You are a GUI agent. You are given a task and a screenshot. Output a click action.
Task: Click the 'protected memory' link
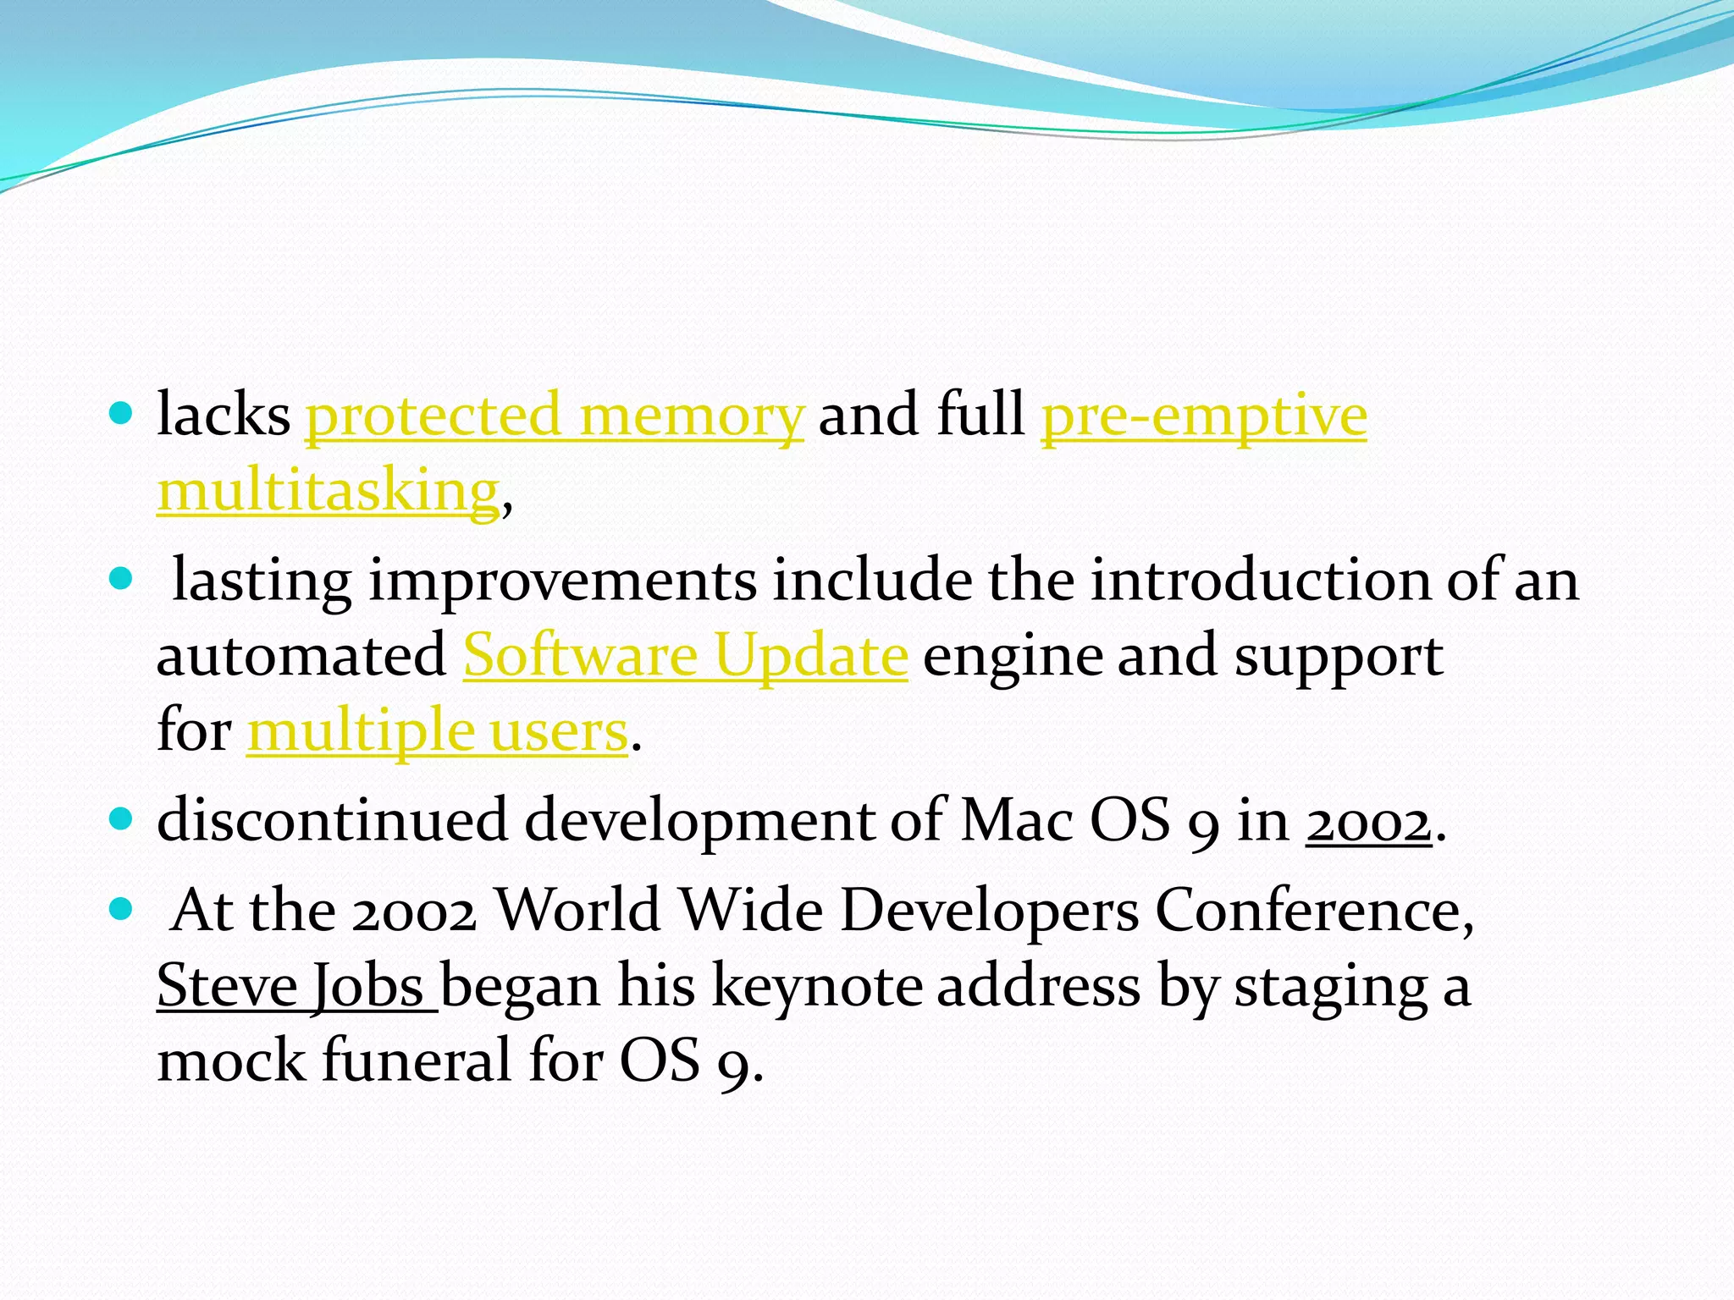pyautogui.click(x=554, y=416)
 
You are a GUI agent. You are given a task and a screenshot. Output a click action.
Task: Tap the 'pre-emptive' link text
pyautogui.click(x=1203, y=416)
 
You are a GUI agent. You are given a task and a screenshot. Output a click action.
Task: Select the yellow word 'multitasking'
pyautogui.click(x=329, y=491)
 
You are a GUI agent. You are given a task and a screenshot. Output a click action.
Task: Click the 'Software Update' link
pyautogui.click(x=685, y=655)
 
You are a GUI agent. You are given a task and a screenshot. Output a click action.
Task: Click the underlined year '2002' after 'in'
pyautogui.click(x=1368, y=821)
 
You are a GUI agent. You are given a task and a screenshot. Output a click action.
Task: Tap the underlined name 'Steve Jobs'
pyautogui.click(x=296, y=986)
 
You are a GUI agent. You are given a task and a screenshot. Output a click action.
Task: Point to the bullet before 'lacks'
pyautogui.click(x=122, y=414)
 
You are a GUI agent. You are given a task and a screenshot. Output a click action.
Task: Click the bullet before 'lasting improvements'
pyautogui.click(x=122, y=579)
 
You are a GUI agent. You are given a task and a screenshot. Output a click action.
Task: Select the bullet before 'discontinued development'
pyautogui.click(x=122, y=819)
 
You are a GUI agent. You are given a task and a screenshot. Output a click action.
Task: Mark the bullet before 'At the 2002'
pyautogui.click(x=122, y=910)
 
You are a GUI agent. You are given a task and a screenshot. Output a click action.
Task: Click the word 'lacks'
pyautogui.click(x=224, y=416)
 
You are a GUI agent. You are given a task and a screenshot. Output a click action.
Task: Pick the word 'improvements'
pyautogui.click(x=562, y=581)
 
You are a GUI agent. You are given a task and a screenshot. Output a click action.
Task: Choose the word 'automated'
pyautogui.click(x=301, y=655)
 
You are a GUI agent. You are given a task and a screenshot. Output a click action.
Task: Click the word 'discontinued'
pyautogui.click(x=332, y=821)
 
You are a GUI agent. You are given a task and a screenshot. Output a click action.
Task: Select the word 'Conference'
pyautogui.click(x=1313, y=912)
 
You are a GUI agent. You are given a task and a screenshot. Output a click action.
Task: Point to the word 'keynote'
pyautogui.click(x=817, y=986)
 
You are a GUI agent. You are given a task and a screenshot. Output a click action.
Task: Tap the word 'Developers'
pyautogui.click(x=989, y=912)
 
